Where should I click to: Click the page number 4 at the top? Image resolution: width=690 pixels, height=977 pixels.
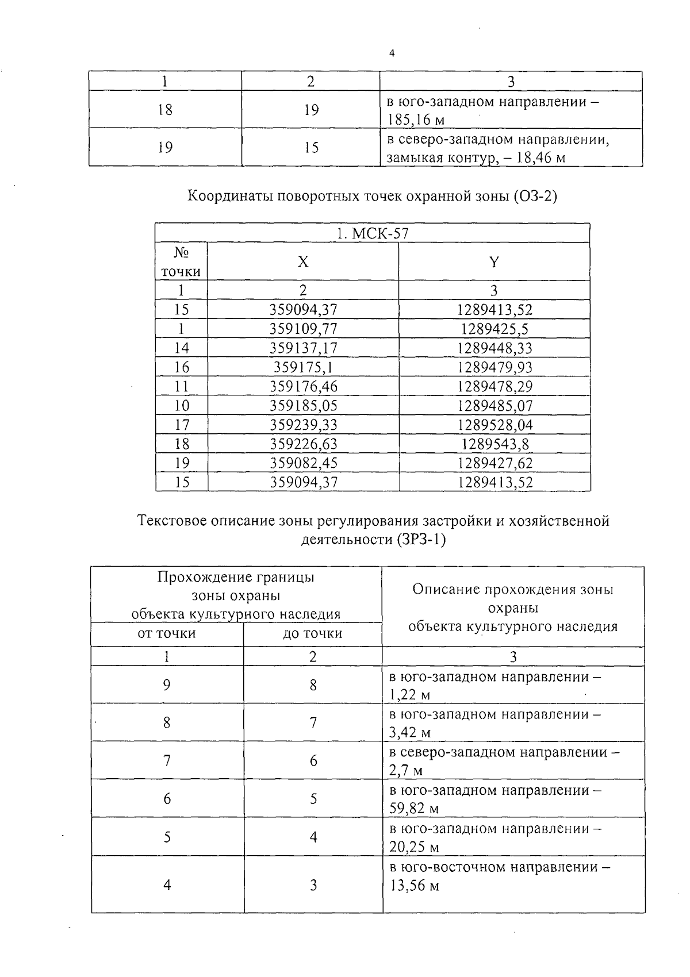coord(392,53)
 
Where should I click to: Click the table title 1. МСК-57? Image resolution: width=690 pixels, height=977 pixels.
coord(373,233)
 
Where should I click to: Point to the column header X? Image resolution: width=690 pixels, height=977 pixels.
coord(303,262)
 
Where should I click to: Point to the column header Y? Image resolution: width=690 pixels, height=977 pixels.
coord(494,262)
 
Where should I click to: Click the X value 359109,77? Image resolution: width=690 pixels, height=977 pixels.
coord(303,329)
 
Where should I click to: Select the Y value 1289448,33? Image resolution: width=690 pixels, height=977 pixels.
coord(494,348)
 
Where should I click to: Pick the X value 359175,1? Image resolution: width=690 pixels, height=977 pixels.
coord(303,367)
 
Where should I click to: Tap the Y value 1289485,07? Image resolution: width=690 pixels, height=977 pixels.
coord(494,406)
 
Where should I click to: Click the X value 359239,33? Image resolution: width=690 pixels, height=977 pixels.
coord(303,425)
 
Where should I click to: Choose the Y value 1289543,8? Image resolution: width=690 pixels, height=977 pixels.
coord(494,444)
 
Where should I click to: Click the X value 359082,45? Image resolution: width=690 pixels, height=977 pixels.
coord(303,463)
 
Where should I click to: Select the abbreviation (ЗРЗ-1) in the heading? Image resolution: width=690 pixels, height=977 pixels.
coord(421,540)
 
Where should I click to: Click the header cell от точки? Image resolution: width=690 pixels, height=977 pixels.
coord(167,633)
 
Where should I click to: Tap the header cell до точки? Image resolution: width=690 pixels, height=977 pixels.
coord(312,633)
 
